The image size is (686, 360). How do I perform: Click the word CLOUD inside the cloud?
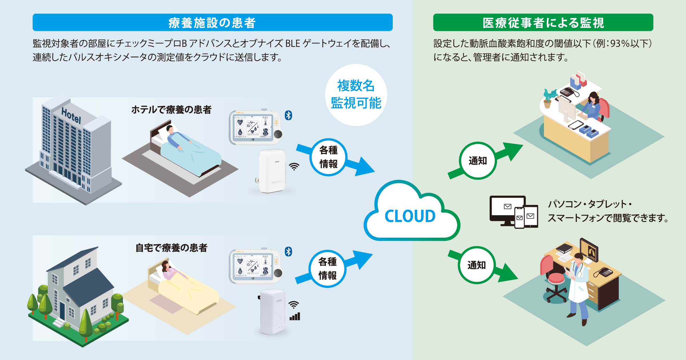coord(410,216)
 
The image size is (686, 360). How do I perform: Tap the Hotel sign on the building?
coord(71,115)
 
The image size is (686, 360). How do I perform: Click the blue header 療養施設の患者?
coord(212,23)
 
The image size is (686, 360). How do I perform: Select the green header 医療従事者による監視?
coord(543,23)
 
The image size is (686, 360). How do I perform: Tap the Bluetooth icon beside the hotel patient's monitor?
coord(288,115)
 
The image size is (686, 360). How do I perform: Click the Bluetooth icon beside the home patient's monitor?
coord(288,251)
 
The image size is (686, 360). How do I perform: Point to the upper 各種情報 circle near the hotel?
coord(328,157)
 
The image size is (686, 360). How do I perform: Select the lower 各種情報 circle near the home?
coord(328,269)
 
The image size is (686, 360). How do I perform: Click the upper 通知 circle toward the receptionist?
coord(478,161)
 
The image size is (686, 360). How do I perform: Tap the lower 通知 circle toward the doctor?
coord(476,265)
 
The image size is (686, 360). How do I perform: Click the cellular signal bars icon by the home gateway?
coord(295,316)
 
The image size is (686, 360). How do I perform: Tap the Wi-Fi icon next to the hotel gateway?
coord(294,166)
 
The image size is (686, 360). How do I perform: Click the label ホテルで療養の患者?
coord(171,110)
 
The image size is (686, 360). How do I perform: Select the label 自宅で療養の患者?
coord(171,248)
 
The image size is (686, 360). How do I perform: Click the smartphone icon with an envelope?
coord(519,218)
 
